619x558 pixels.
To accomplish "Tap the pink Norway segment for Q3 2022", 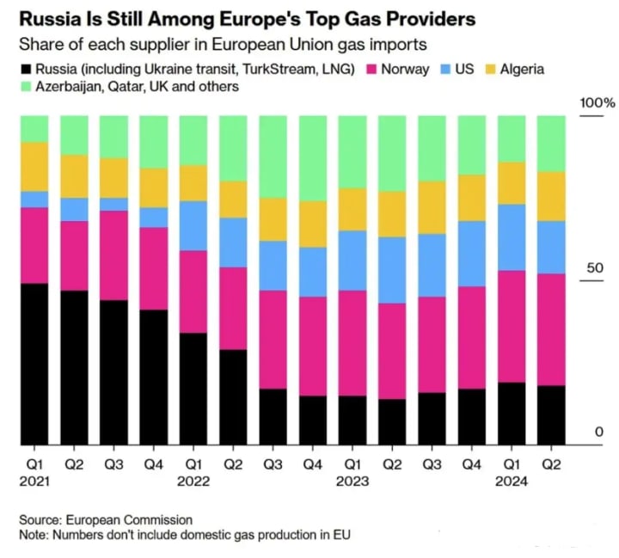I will point(273,340).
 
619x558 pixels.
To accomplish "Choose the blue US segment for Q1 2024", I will point(512,237).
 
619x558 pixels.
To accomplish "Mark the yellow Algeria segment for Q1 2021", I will point(34,167).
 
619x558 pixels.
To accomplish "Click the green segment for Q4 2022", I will point(313,158).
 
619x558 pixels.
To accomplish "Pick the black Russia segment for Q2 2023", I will point(393,421).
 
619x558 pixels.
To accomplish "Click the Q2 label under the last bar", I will point(552,464).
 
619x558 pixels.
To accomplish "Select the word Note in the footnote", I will point(34,535).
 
